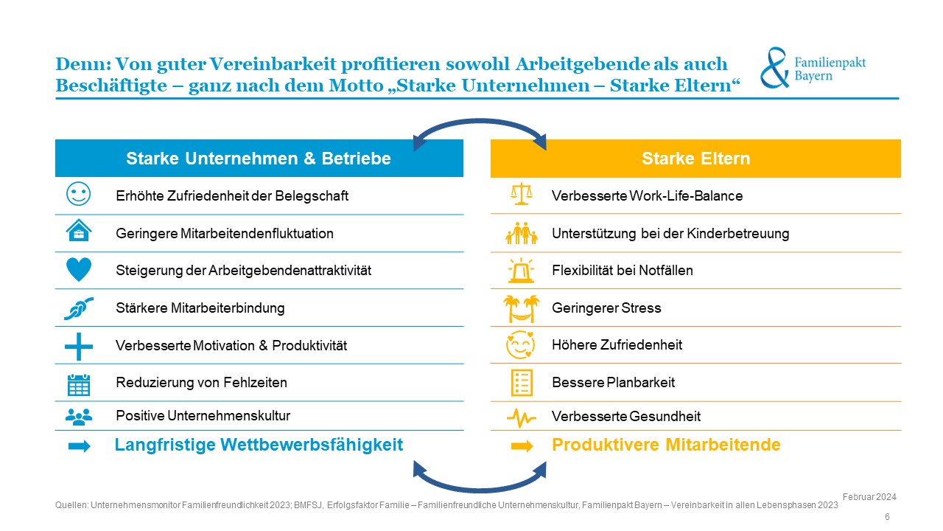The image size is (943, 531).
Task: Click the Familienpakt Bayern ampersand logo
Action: [774, 68]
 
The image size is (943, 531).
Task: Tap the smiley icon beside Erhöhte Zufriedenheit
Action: [78, 195]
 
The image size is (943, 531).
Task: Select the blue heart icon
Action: [78, 270]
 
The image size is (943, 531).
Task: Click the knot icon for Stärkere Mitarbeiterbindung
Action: [78, 308]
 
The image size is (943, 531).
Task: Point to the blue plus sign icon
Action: [78, 345]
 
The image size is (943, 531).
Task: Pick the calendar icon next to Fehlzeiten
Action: [78, 383]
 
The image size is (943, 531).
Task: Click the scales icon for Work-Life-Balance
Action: [521, 195]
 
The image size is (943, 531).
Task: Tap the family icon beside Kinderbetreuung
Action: [521, 233]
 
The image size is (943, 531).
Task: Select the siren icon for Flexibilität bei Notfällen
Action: [521, 270]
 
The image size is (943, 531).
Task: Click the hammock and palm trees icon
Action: [521, 308]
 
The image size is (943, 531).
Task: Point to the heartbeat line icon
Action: [521, 418]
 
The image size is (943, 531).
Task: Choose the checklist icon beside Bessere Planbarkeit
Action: [521, 382]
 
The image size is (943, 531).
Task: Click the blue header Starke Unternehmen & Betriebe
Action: [259, 159]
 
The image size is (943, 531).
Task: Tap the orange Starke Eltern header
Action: [695, 159]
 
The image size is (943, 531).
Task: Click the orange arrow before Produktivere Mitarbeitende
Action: [522, 445]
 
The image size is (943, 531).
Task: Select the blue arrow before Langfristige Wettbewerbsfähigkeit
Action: [78, 445]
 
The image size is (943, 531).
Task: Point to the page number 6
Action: [887, 517]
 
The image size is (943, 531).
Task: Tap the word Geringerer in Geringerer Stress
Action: [581, 308]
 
